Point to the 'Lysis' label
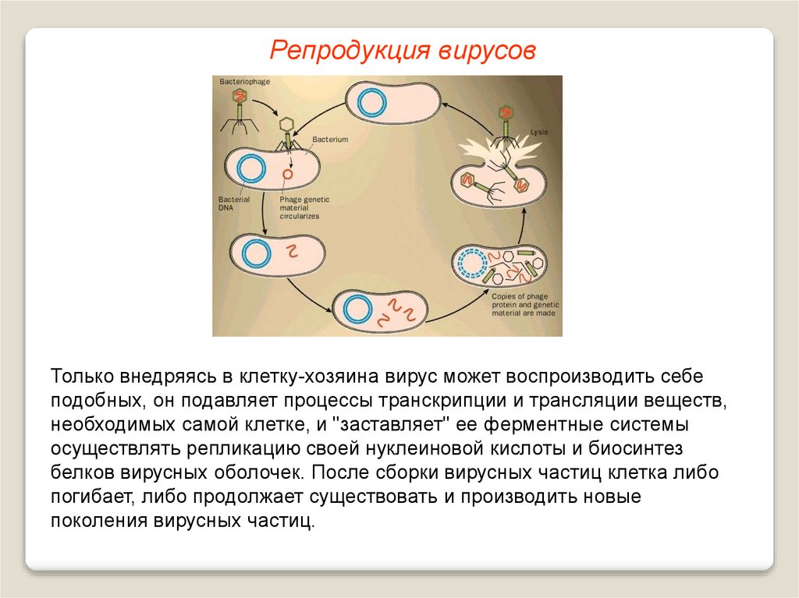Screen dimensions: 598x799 click(x=538, y=133)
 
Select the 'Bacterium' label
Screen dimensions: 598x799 click(x=329, y=139)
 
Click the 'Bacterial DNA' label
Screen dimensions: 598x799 click(x=233, y=204)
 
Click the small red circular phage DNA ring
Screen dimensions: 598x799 click(x=288, y=175)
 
